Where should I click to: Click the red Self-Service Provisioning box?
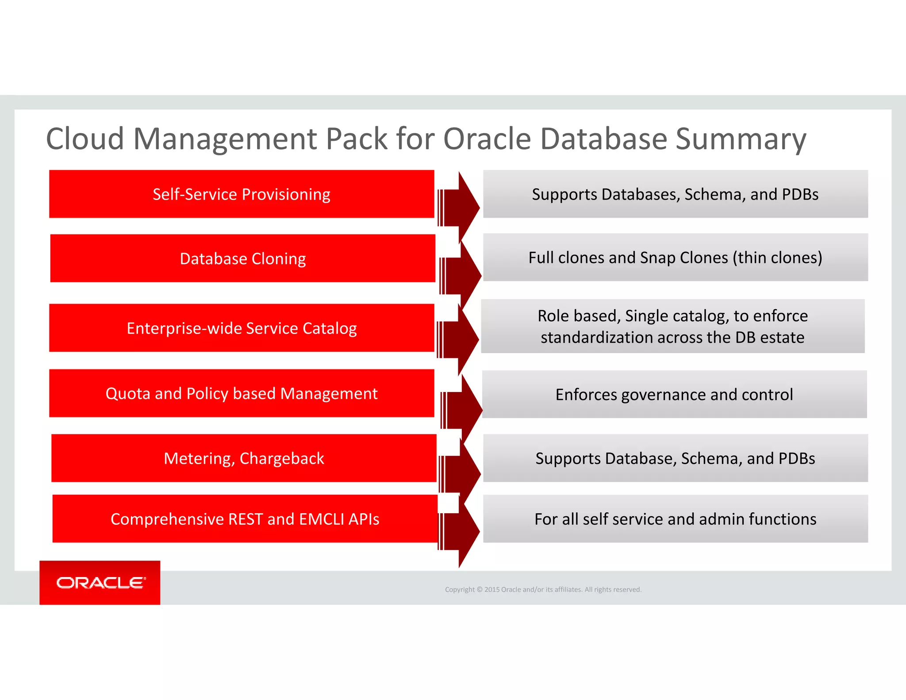[x=242, y=194]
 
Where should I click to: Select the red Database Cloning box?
[x=242, y=258]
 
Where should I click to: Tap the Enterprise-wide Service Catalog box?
[x=242, y=328]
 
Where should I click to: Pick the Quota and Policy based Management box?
[x=242, y=393]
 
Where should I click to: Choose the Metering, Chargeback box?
[x=244, y=458]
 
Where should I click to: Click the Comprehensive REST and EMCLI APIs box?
[x=245, y=519]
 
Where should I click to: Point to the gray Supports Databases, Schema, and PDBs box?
[x=675, y=194]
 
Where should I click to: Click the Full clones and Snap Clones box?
[x=675, y=258]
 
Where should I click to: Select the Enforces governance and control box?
[x=674, y=394]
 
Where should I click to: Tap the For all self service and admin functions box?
[x=675, y=519]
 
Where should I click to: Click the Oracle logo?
[x=100, y=583]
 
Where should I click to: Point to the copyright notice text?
[x=543, y=589]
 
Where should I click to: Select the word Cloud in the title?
[x=84, y=139]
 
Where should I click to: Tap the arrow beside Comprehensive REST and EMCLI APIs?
[x=460, y=531]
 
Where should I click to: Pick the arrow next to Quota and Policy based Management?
[x=463, y=410]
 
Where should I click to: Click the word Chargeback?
[x=281, y=459]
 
